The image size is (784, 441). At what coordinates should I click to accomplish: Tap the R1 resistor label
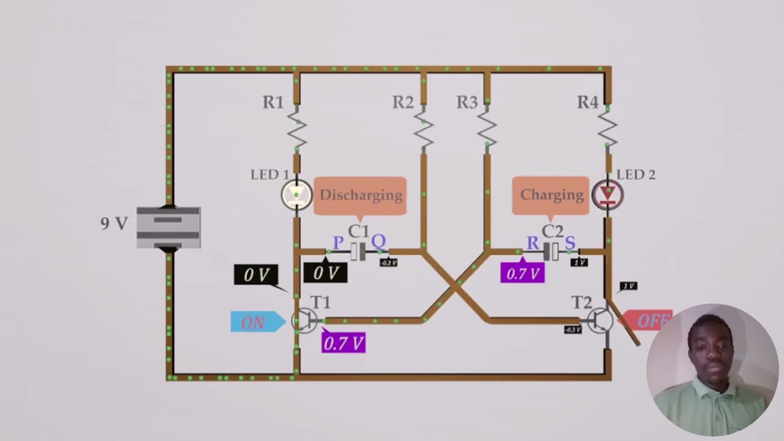pyautogui.click(x=273, y=103)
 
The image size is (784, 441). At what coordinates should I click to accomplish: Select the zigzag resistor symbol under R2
pyautogui.click(x=423, y=129)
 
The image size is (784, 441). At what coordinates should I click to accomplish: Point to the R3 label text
pyautogui.click(x=467, y=103)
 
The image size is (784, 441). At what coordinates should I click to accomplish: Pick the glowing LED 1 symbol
pyautogui.click(x=296, y=195)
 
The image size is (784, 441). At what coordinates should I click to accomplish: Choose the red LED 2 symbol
pyautogui.click(x=607, y=195)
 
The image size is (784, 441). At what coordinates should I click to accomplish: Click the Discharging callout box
pyautogui.click(x=360, y=195)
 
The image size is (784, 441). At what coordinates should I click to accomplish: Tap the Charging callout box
pyautogui.click(x=551, y=195)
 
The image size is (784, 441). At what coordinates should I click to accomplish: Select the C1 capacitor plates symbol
pyautogui.click(x=359, y=251)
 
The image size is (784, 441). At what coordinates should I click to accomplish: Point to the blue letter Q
pyautogui.click(x=379, y=242)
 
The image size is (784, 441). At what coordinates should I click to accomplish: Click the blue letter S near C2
pyautogui.click(x=570, y=243)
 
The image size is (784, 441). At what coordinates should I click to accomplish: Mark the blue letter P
pyautogui.click(x=338, y=243)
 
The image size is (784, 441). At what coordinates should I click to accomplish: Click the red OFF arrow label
pyautogui.click(x=649, y=321)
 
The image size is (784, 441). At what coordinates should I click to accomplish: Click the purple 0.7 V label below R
pyautogui.click(x=522, y=273)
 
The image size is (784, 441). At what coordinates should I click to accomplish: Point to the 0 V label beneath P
pyautogui.click(x=325, y=273)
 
